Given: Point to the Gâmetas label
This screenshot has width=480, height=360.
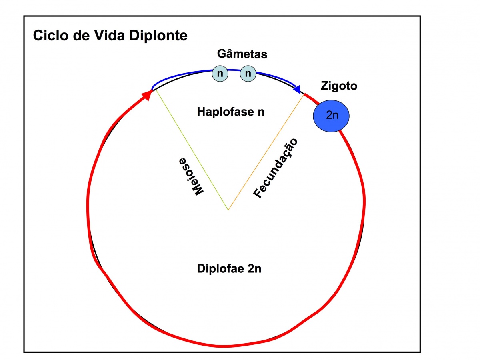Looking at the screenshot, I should [242, 54].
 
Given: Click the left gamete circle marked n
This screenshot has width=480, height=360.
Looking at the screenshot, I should [220, 74].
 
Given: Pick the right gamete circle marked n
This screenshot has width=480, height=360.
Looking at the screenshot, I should [248, 74].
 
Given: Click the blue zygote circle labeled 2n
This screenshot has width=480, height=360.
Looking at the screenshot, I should [332, 115].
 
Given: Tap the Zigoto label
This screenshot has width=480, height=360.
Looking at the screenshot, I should [339, 86].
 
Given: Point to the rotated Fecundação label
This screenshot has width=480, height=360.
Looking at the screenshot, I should [276, 168].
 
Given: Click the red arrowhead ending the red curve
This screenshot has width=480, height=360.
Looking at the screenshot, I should [146, 95].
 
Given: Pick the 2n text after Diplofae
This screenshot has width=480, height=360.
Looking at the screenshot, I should [254, 268].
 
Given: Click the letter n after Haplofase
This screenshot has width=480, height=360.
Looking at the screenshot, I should [261, 112].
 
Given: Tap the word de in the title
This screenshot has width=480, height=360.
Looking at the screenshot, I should [83, 35].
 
